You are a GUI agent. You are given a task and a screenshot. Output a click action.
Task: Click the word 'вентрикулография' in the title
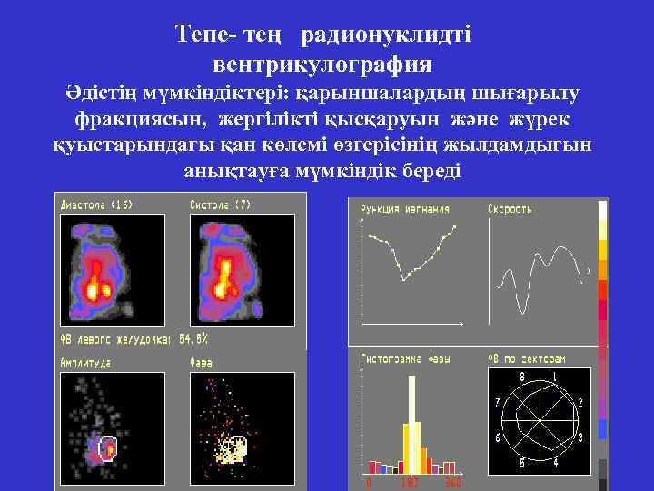pos(322,65)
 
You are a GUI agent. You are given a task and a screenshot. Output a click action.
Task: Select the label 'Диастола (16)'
pos(96,205)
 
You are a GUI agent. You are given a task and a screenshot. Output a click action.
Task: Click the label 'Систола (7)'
pos(219,205)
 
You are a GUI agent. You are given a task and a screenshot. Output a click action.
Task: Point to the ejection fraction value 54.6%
pos(193,338)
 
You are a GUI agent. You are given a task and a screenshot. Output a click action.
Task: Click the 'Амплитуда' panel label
pos(85,362)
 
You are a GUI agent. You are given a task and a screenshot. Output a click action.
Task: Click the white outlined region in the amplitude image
pos(108,447)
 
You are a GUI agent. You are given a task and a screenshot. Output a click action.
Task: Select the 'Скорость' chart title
pos(510,209)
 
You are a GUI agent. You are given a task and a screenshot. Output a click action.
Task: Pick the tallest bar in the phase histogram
pos(411,422)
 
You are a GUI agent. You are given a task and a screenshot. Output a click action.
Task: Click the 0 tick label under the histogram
pos(369,483)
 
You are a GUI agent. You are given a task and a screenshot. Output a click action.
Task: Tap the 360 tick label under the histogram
pos(451,483)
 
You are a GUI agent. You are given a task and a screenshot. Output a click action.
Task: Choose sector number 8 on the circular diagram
pos(521,376)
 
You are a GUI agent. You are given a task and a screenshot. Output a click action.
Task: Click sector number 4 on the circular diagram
pos(555,466)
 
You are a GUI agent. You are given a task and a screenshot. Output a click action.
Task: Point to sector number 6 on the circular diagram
pos(496,437)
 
